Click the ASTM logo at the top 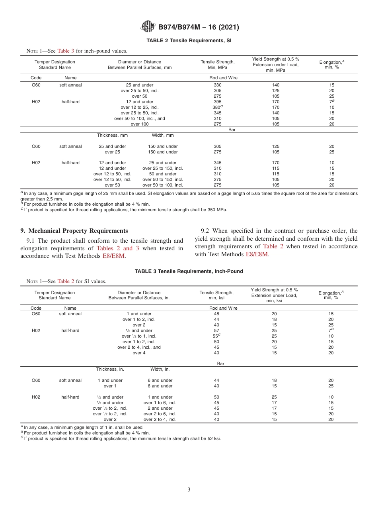tap(148, 27)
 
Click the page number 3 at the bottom tap(189, 489)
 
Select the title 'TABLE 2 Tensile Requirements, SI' tap(189, 41)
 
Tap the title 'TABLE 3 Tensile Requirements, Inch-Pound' tap(189, 271)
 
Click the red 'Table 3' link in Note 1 tap(66, 51)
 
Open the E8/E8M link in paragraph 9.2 tap(257, 254)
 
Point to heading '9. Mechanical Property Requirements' tap(74, 231)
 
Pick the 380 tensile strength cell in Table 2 tap(217, 107)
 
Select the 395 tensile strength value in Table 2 tap(217, 102)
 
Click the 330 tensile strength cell tap(217, 85)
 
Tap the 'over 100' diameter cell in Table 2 tap(139, 124)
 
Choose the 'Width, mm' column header tap(163, 136)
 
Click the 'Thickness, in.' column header tap(110, 369)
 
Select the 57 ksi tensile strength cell tap(216, 330)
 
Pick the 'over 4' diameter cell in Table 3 tap(139, 353)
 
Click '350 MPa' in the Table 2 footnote tap(218, 210)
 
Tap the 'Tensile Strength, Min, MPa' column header tap(217, 65)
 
